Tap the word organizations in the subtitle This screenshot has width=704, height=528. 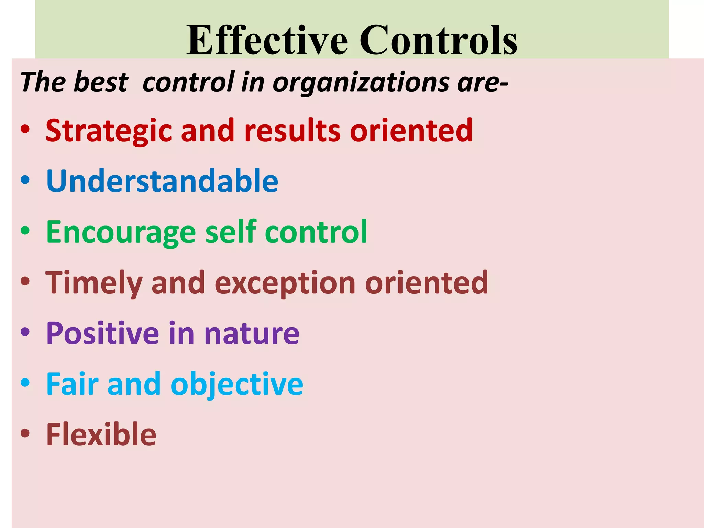click(x=361, y=82)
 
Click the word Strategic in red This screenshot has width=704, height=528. click(x=109, y=131)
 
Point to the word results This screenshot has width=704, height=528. click(x=292, y=131)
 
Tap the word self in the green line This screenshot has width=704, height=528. click(x=231, y=231)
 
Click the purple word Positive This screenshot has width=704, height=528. click(x=102, y=333)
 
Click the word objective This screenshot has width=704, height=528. click(x=237, y=384)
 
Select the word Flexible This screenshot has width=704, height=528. click(x=101, y=434)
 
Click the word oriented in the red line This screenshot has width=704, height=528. click(x=411, y=131)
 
